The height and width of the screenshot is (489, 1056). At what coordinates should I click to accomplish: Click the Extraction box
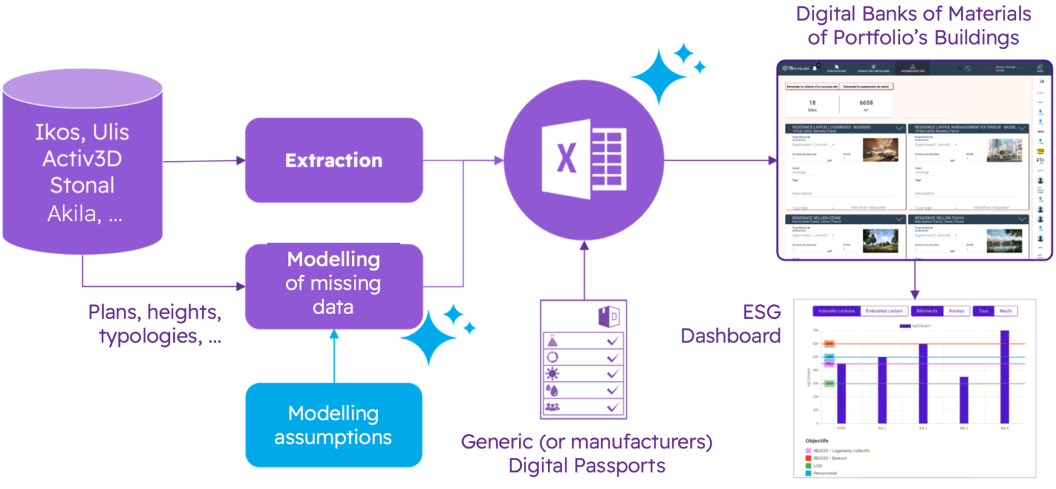point(333,160)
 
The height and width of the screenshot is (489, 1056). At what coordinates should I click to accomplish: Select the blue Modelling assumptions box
point(333,425)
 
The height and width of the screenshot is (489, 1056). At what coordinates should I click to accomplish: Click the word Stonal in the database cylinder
point(82,185)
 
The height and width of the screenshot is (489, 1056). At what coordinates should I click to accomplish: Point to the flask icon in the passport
point(553,341)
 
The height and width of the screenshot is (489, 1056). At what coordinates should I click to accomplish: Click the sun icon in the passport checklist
point(553,374)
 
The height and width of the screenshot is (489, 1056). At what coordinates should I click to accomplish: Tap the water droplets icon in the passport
point(553,390)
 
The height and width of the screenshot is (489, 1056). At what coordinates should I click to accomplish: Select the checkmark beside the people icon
point(613,407)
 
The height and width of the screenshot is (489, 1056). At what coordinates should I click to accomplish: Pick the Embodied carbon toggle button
point(883,311)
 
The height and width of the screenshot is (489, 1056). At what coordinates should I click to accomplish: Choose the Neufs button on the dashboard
point(1005,311)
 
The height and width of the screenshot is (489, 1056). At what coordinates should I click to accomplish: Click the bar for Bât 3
point(963,398)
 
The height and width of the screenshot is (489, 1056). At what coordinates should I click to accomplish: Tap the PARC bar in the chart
point(841,392)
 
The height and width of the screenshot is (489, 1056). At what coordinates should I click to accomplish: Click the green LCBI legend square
point(808,466)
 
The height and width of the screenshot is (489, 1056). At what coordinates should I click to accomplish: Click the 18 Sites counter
point(812,105)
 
